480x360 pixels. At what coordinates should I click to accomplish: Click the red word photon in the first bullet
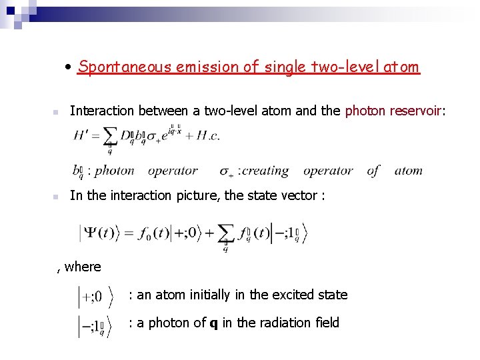[x=365, y=111]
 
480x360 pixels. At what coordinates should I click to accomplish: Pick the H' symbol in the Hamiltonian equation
[x=85, y=137]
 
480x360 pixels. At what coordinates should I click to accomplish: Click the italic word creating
[x=265, y=171]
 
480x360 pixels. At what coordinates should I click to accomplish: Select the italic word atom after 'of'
[x=408, y=171]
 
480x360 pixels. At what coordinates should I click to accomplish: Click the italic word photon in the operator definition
[x=115, y=171]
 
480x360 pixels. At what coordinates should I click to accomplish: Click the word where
[x=83, y=267]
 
